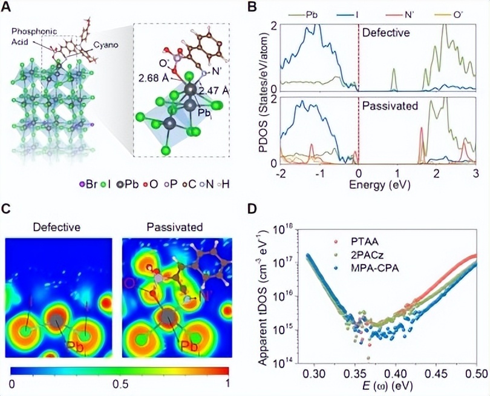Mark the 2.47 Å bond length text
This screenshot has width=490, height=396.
[x=218, y=91]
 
